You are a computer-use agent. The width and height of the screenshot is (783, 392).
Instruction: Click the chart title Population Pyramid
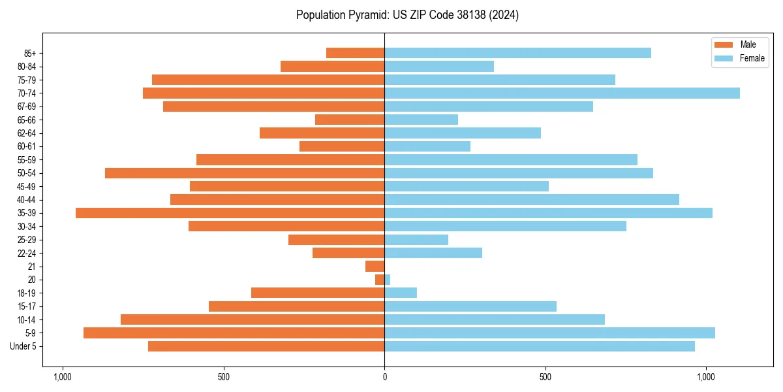[x=407, y=15]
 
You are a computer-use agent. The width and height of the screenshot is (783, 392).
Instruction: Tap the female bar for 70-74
[x=562, y=93]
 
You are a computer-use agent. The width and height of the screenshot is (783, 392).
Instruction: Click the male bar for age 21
[x=375, y=266]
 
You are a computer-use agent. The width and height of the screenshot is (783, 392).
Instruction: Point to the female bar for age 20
[x=388, y=280]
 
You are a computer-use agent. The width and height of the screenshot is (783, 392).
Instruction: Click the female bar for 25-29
[x=416, y=240]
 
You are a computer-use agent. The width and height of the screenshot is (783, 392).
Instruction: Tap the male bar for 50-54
[x=245, y=173]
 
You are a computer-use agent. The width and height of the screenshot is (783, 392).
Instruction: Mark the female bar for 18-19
[x=401, y=293]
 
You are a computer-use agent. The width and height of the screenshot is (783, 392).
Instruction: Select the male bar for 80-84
[x=333, y=66]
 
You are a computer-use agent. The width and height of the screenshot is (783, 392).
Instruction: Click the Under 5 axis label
[x=23, y=346]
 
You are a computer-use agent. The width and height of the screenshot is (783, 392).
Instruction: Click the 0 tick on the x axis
[x=384, y=377]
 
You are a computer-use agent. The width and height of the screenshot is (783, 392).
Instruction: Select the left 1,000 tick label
[x=63, y=377]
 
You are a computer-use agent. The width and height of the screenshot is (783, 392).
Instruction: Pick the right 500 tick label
[x=545, y=377]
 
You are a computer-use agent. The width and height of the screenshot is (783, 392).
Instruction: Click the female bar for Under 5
[x=540, y=346]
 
